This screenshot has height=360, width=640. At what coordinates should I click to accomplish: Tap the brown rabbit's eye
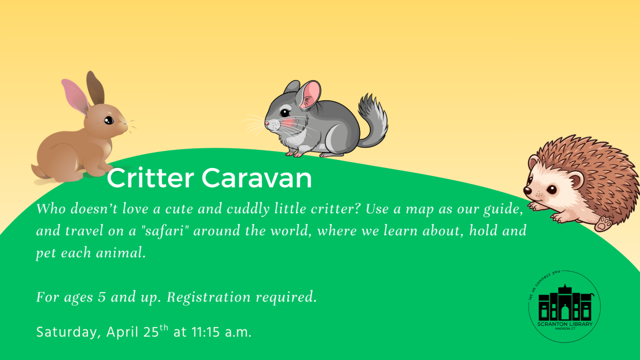(x=109, y=120)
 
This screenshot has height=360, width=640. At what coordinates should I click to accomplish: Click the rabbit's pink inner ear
(x=75, y=97)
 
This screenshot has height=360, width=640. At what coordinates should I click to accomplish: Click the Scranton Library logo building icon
(x=565, y=304)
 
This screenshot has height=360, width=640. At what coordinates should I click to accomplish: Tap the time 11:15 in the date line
(x=204, y=332)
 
